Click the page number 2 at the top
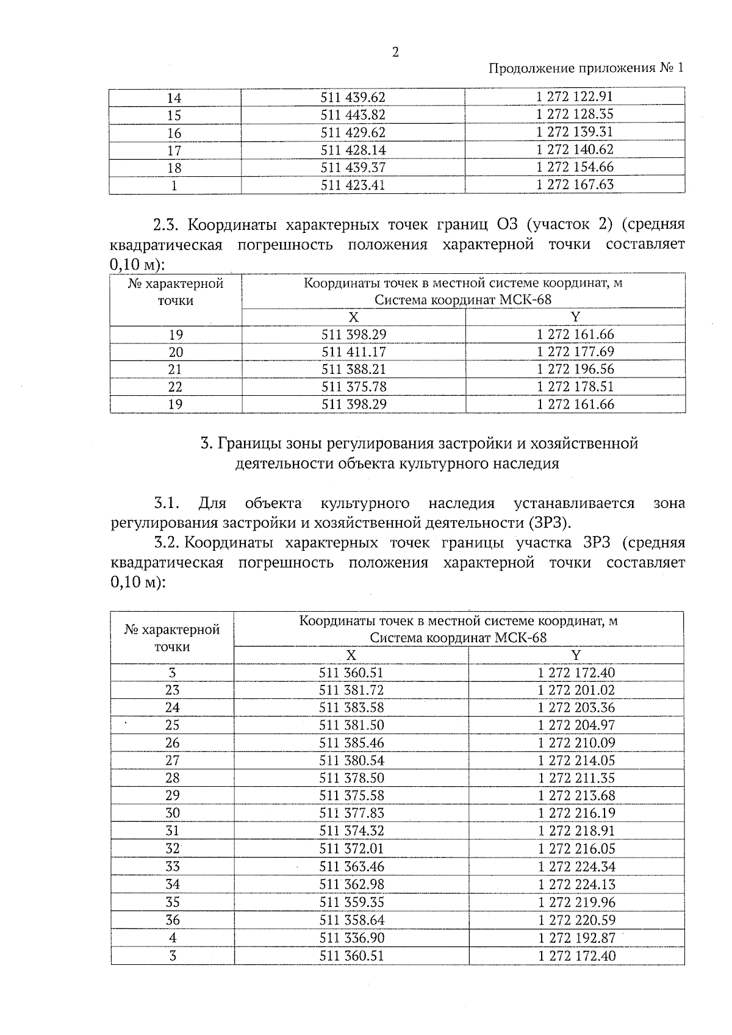point(395,53)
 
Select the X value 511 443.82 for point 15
point(353,115)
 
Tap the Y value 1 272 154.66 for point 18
point(575,167)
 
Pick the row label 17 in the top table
point(174,150)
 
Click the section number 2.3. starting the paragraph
point(166,225)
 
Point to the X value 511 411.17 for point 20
point(353,352)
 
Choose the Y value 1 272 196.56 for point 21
point(575,369)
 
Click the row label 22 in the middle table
point(175,387)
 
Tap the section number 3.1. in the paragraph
point(166,504)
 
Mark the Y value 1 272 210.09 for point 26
point(576,743)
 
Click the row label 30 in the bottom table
point(173,813)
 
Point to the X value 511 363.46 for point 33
point(351,867)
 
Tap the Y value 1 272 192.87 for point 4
point(576,937)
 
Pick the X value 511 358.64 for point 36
point(351,920)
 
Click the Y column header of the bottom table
point(576,655)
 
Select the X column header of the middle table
point(353,317)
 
